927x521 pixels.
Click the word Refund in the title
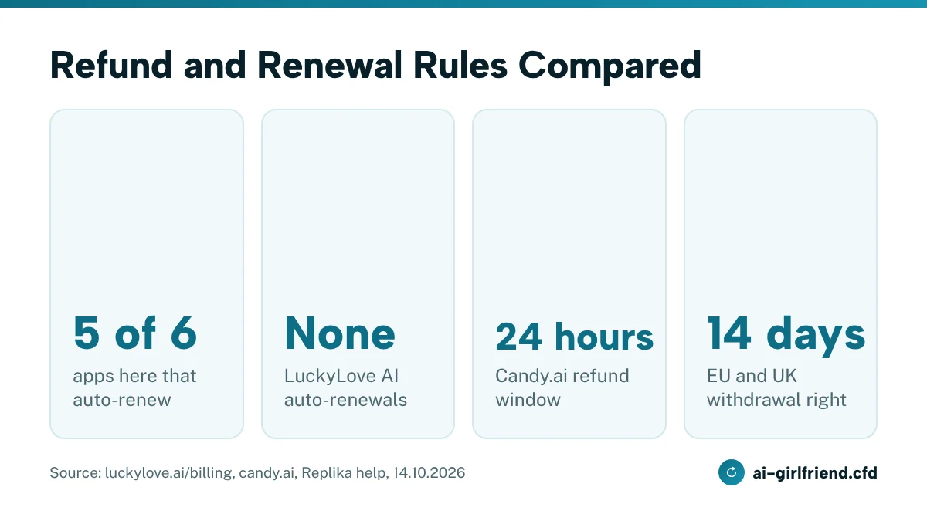coord(111,65)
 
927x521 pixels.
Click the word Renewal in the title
coord(329,65)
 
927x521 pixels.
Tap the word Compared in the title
coord(610,67)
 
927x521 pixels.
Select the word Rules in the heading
coord(460,65)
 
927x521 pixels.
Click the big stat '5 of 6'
coord(135,333)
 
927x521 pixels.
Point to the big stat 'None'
coord(340,333)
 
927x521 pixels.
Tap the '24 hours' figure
coord(575,337)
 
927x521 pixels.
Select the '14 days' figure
coord(786,334)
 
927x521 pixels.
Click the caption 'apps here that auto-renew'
coord(134,387)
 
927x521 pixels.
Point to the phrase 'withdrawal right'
coord(776,400)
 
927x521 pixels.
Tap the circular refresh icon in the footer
coord(732,472)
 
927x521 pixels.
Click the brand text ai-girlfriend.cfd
coord(815,472)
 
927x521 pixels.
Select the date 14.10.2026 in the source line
coord(429,472)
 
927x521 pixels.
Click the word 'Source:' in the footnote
coord(76,472)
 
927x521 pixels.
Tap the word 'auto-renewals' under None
coord(345,400)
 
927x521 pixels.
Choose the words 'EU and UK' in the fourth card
coord(752,376)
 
